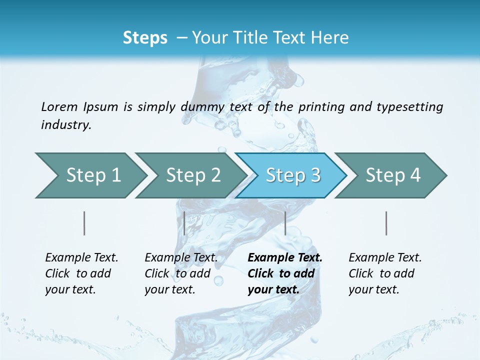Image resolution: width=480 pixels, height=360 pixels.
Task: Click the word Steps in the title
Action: tap(145, 38)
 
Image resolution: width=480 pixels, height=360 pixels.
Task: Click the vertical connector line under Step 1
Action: tap(84, 223)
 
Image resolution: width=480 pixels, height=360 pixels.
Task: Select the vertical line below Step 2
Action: tap(184, 223)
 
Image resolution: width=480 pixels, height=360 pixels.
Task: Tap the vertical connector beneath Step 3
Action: tap(285, 223)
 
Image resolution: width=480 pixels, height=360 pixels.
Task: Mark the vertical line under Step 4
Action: tap(386, 223)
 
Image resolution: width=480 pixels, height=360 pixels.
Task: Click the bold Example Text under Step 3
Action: tap(284, 273)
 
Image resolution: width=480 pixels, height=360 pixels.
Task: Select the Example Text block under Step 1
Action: tap(81, 273)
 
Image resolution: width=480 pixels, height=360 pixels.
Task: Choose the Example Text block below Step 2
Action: tap(180, 273)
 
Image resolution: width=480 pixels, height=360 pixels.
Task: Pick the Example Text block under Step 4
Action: tap(384, 273)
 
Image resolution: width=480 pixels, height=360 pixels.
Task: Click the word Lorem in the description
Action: tap(59, 107)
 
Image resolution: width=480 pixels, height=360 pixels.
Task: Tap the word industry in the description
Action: tap(65, 125)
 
